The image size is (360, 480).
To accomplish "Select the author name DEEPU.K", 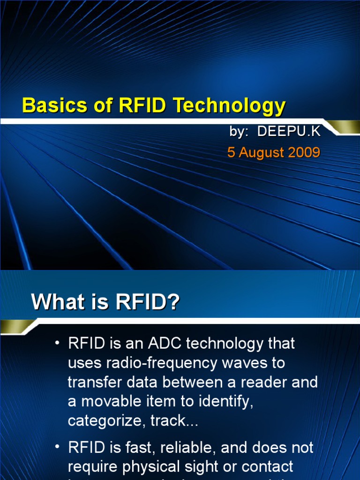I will pos(289,132).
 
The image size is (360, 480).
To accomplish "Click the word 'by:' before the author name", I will pos(239,132).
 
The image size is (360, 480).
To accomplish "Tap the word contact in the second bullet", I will pos(266,467).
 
